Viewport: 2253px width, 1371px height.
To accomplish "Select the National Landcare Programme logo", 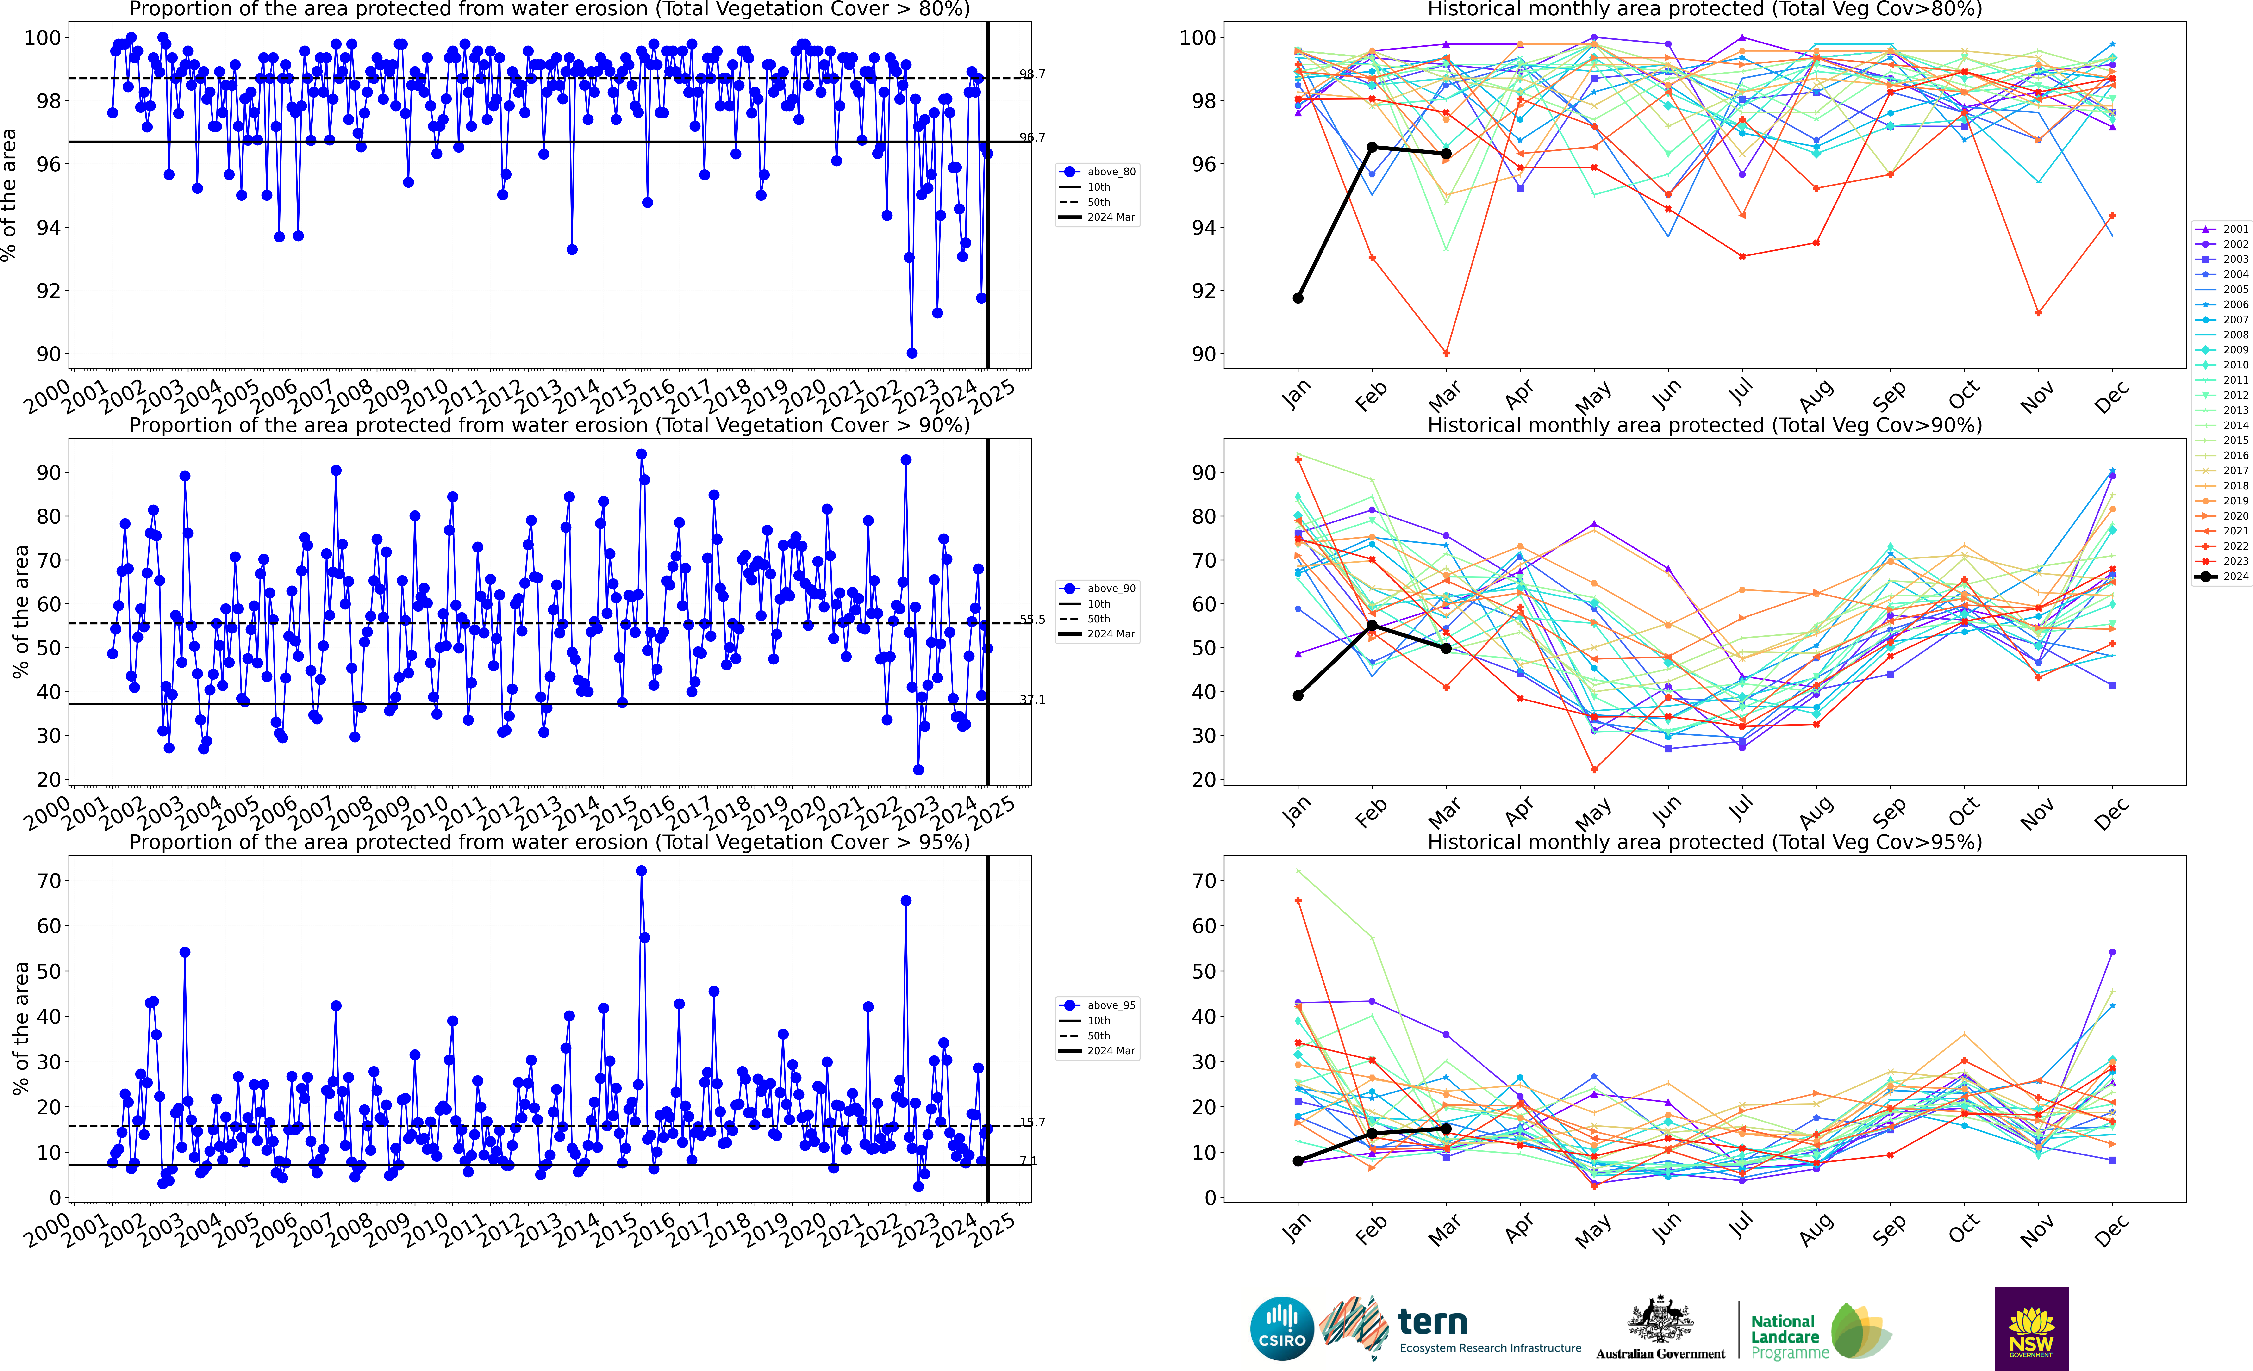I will point(1820,1333).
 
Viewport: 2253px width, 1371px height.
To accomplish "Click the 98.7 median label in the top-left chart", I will point(1032,74).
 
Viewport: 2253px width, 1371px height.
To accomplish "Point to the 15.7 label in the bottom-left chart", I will point(1032,1122).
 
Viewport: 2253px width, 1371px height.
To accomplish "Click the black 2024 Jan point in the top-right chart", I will point(1298,298).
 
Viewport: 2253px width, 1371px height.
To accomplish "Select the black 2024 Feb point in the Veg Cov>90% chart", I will point(1372,625).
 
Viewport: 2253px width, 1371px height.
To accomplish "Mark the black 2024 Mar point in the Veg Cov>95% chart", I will point(1446,1129).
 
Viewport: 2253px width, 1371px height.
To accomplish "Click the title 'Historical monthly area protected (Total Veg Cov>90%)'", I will point(1704,425).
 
